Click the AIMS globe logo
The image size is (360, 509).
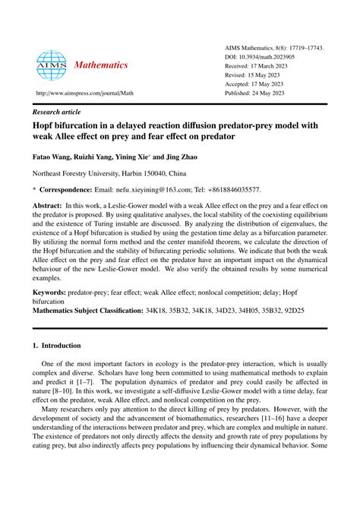52,66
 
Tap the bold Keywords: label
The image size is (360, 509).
50,291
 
